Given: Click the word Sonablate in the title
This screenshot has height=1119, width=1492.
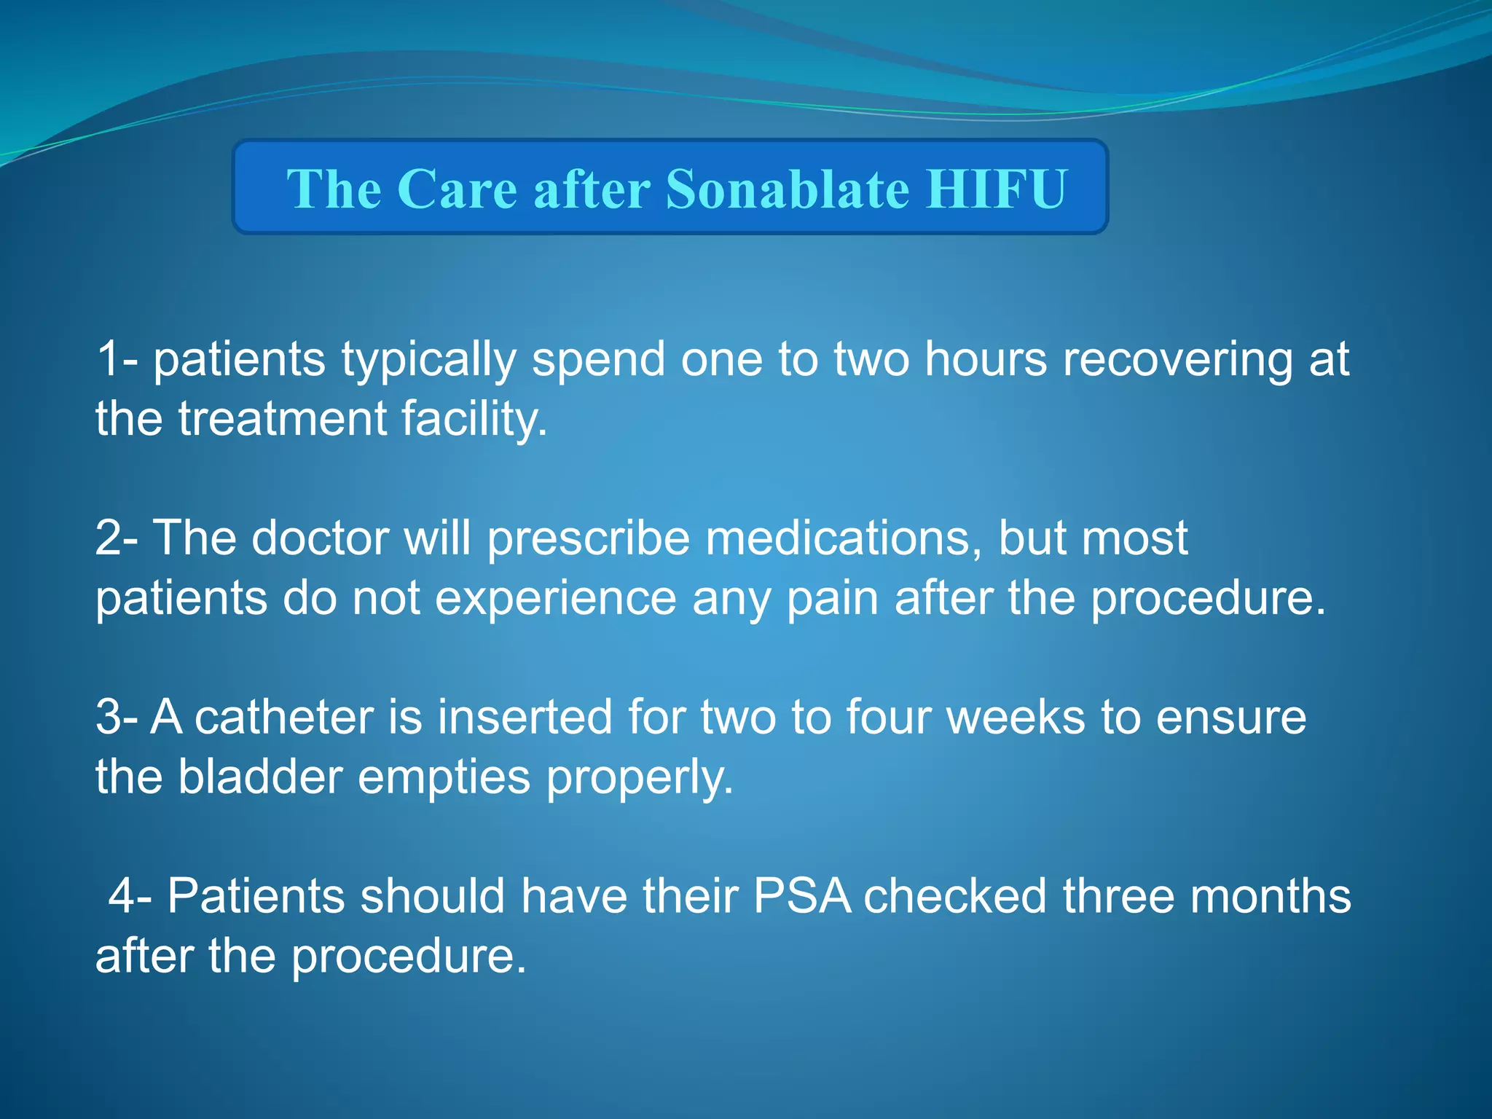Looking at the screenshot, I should (x=788, y=189).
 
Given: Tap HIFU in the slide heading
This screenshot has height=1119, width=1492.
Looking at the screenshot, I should (x=997, y=189).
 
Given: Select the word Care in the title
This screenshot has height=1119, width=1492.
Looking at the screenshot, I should (x=458, y=189).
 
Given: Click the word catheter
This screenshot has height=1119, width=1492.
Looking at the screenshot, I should (x=283, y=717).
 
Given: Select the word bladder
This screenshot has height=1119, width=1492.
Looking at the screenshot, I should (x=260, y=777).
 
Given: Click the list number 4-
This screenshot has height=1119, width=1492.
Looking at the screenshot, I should (x=130, y=895).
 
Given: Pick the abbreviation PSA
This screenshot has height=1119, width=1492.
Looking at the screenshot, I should (x=802, y=895).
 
